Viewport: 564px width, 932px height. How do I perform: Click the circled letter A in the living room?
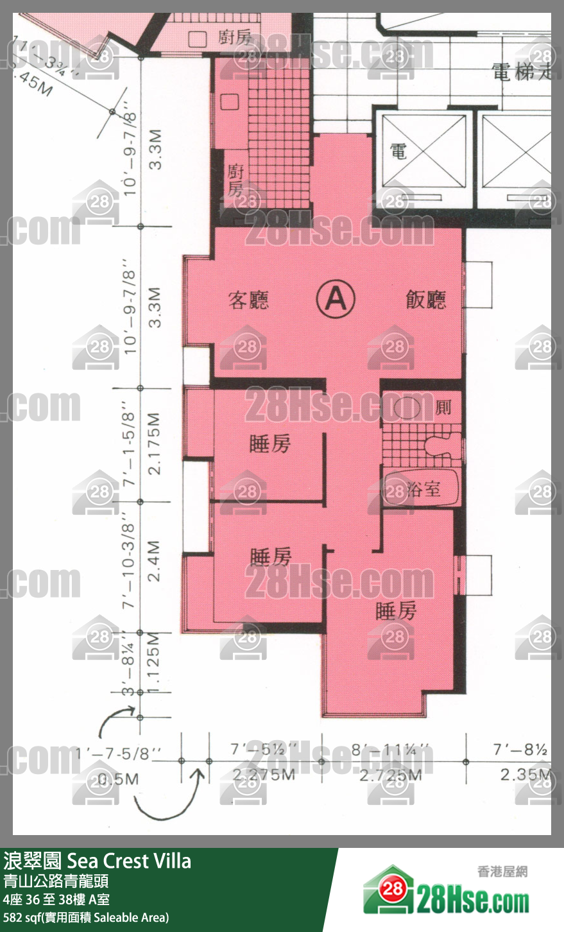tap(336, 298)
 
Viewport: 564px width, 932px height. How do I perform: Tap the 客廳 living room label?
tap(249, 300)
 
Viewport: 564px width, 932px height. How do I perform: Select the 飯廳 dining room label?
tap(426, 300)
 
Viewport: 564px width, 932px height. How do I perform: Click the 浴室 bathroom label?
tap(423, 490)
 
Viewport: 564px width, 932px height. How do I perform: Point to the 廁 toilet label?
tap(443, 408)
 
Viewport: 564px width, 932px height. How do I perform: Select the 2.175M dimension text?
tap(155, 444)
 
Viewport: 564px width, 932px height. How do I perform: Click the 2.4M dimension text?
tap(154, 561)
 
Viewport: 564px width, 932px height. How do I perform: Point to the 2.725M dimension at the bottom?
tap(390, 775)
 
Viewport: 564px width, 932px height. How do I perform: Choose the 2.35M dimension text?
tap(525, 774)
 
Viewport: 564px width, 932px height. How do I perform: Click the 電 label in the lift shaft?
tap(398, 151)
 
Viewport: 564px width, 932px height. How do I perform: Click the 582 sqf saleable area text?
tap(86, 917)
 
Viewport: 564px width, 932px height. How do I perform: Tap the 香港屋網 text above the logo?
tap(502, 871)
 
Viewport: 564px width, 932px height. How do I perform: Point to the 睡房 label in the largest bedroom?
tap(396, 611)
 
